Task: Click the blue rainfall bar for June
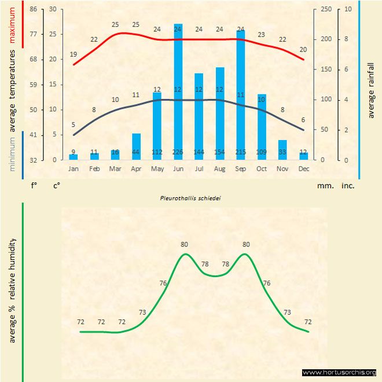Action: (178, 93)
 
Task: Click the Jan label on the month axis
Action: (74, 168)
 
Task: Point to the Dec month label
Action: (303, 168)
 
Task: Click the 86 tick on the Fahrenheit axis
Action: (33, 9)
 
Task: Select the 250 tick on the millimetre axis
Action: (326, 9)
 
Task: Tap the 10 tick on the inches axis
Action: (348, 9)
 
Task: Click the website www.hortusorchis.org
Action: (339, 372)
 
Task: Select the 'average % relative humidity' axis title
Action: (12, 289)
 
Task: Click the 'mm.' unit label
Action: (324, 186)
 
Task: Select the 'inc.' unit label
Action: (348, 186)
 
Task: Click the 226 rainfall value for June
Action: (178, 152)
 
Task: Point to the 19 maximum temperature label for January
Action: (74, 54)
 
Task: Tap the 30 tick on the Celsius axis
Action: (53, 9)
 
